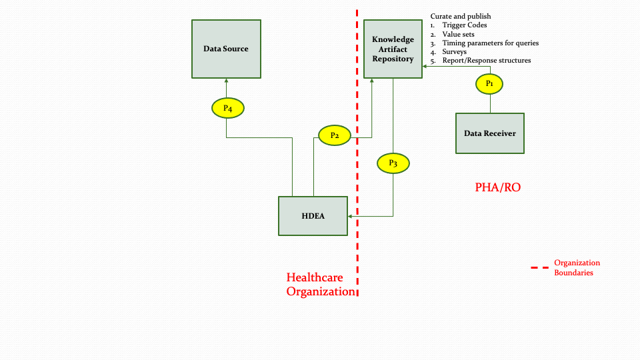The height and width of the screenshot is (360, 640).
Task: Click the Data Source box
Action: [x=226, y=49]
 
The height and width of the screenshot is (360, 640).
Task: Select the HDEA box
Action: [x=313, y=216]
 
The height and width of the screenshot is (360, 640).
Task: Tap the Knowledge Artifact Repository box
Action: [x=393, y=49]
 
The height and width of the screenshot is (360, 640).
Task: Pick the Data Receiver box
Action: [x=490, y=133]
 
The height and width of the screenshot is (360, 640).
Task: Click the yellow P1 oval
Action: [x=489, y=83]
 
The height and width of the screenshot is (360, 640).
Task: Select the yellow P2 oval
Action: [x=335, y=135]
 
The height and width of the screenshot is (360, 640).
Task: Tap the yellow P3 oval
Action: [x=393, y=163]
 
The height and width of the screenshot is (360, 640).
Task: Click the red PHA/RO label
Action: [x=497, y=187]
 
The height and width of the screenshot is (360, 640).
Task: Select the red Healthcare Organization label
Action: [x=320, y=285]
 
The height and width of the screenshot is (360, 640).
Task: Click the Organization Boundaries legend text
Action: [x=577, y=267]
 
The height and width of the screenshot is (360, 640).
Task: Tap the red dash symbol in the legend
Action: [x=539, y=268]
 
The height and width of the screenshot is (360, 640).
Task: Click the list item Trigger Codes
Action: [x=464, y=25]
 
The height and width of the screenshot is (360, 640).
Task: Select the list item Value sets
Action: [x=459, y=34]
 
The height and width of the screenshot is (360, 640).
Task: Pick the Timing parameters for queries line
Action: [x=490, y=43]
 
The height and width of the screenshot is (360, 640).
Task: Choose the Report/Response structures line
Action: [x=486, y=60]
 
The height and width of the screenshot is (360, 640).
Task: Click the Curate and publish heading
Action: [x=461, y=16]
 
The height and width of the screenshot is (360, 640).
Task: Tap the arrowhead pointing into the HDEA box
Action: [x=350, y=216]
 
